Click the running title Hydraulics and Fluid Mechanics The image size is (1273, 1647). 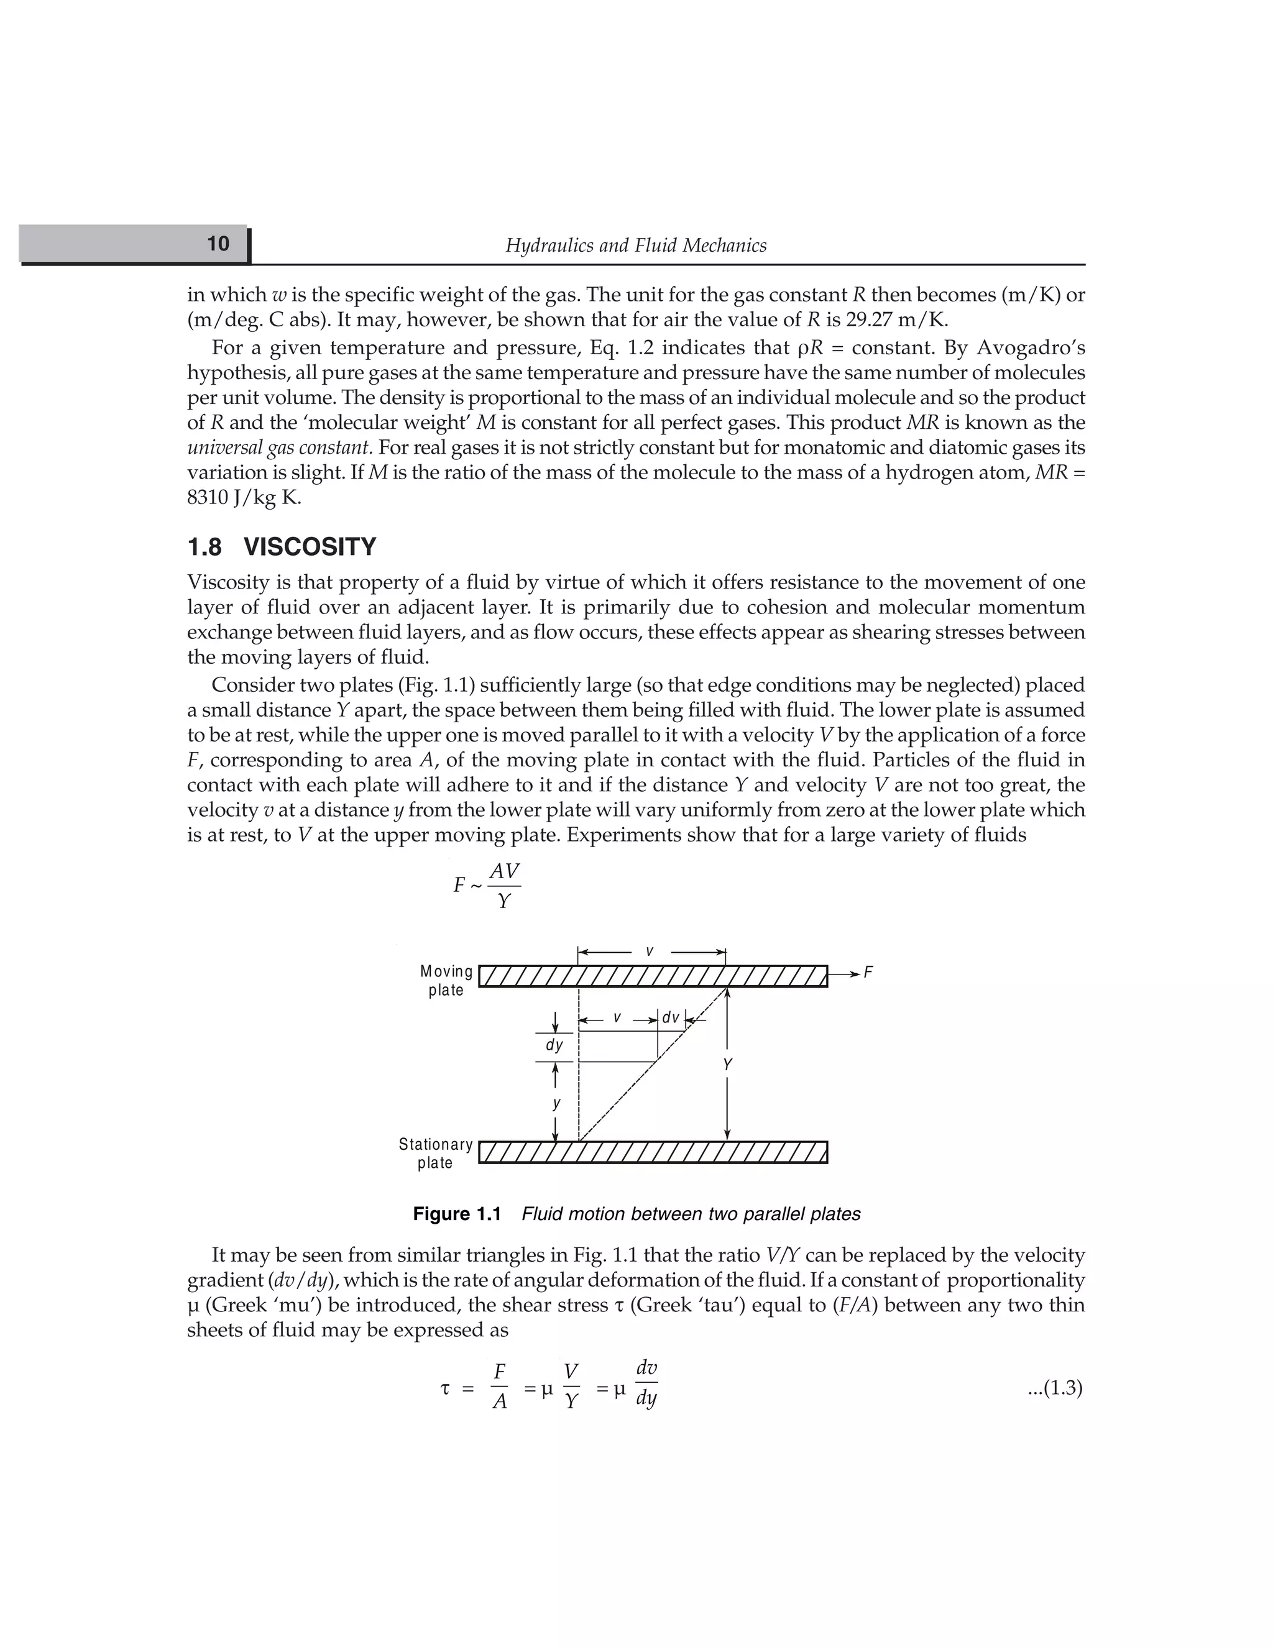636,246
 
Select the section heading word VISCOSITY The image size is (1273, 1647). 310,547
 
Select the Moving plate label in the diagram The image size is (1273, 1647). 446,980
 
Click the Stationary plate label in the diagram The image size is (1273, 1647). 436,1153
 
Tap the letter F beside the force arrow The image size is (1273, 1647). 868,973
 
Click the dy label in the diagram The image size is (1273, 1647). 554,1045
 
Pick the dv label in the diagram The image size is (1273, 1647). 671,1018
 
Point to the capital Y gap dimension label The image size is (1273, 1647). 727,1065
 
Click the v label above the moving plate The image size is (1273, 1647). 650,952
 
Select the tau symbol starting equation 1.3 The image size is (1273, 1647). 445,1388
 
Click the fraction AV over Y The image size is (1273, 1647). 503,885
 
